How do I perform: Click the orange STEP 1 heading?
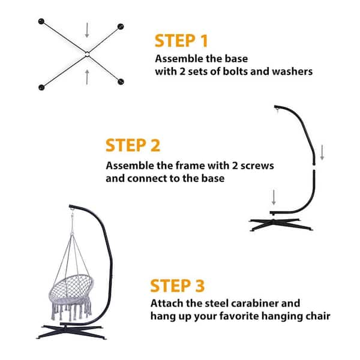(x=181, y=41)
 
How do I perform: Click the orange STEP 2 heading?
(x=133, y=145)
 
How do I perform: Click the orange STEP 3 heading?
(x=177, y=286)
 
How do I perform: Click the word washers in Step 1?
(x=292, y=71)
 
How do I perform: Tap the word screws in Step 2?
(x=257, y=166)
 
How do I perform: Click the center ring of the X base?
(x=87, y=54)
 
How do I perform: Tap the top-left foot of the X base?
(x=41, y=22)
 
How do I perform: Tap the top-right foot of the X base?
(x=121, y=26)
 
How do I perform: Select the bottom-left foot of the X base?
(x=41, y=88)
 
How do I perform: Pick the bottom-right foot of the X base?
(x=121, y=82)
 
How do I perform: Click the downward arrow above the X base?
(x=87, y=30)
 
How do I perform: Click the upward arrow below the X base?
(x=87, y=77)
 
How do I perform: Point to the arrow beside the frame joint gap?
(x=322, y=152)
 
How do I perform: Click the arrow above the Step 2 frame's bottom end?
(x=274, y=197)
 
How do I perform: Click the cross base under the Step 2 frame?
(x=281, y=224)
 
